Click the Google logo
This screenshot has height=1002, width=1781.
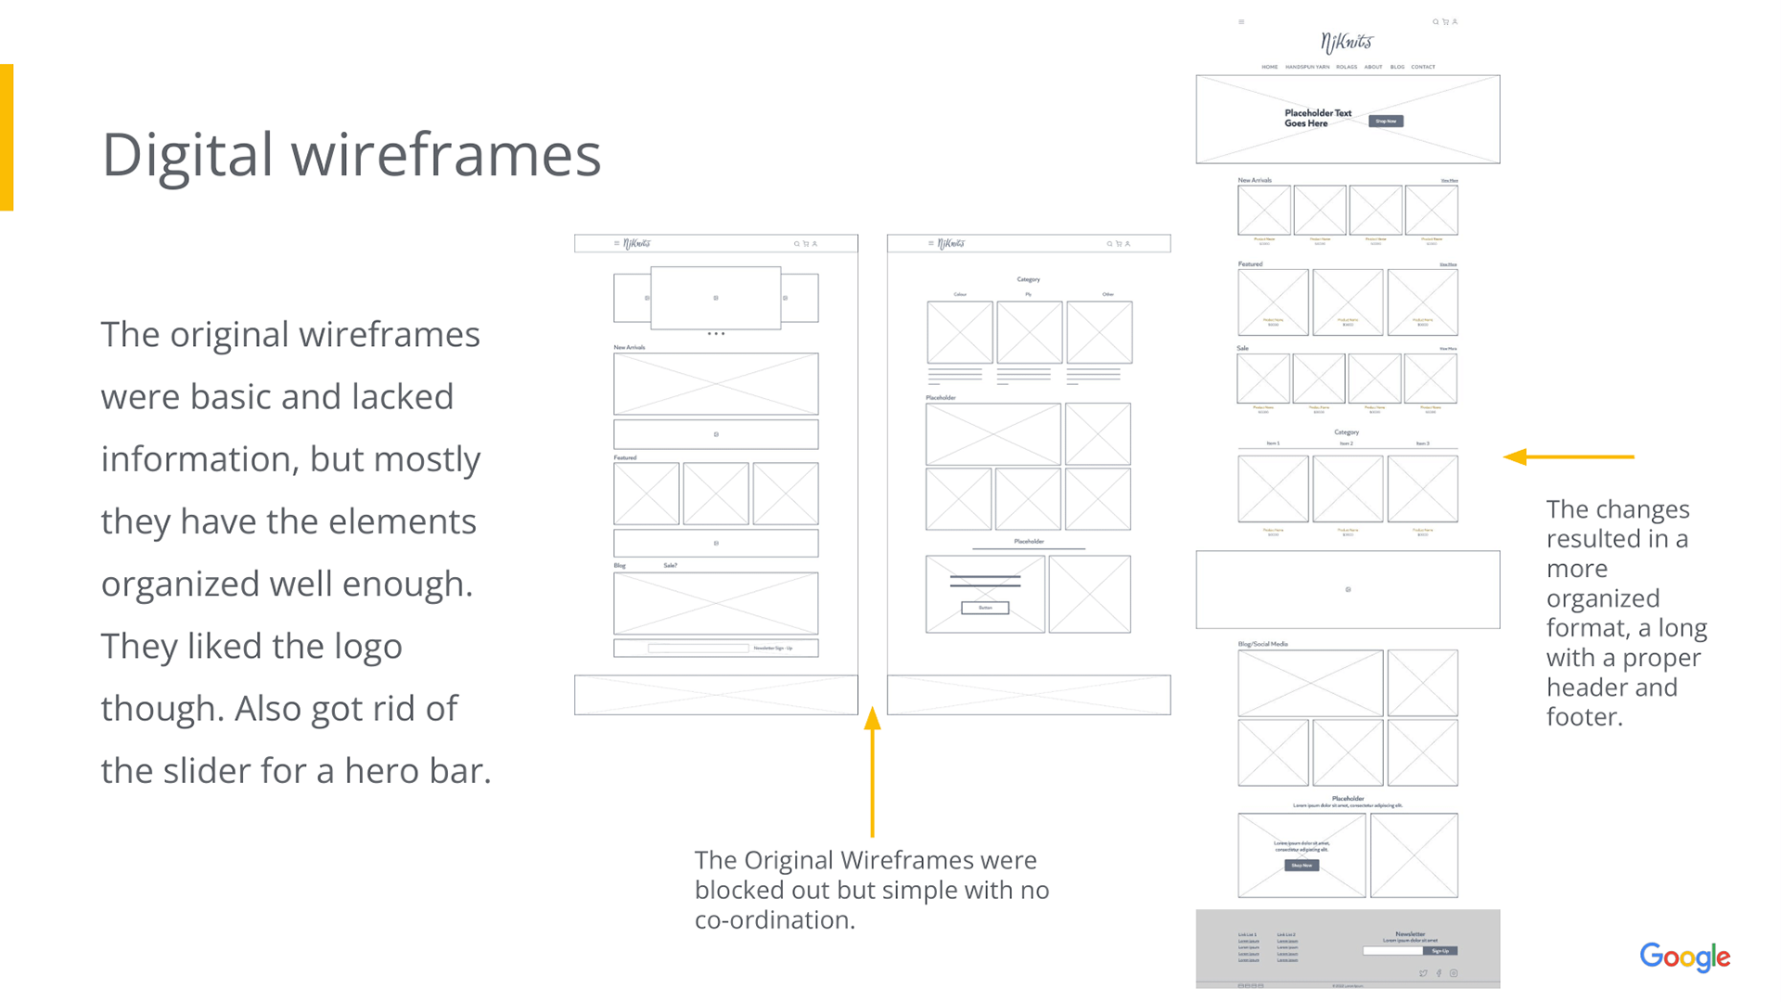pos(1685,957)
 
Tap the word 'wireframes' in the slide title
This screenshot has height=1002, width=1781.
pos(446,155)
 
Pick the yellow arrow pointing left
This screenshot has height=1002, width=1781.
pos(1568,456)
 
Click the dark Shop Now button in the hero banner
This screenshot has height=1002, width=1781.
pos(1386,121)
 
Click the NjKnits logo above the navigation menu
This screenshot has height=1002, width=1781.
pos(1347,42)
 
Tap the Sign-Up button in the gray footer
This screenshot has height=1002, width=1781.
pos(1440,951)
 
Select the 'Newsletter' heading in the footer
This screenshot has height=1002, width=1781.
pos(1410,934)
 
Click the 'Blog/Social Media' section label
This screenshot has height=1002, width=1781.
pos(1262,644)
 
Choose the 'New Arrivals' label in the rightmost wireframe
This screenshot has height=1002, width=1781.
pos(1254,180)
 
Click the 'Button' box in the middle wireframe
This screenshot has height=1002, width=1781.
pos(985,608)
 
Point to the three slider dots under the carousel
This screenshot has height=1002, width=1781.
pos(716,333)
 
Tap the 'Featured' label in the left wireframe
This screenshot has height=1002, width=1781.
pos(625,457)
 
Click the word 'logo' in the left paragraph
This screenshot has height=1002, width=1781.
pos(368,647)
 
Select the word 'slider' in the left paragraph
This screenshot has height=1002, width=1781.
pos(206,771)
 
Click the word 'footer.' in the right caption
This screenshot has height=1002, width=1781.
pos(1584,717)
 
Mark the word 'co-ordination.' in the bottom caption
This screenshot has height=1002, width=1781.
pos(775,920)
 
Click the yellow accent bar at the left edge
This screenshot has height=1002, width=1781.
pos(6,137)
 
